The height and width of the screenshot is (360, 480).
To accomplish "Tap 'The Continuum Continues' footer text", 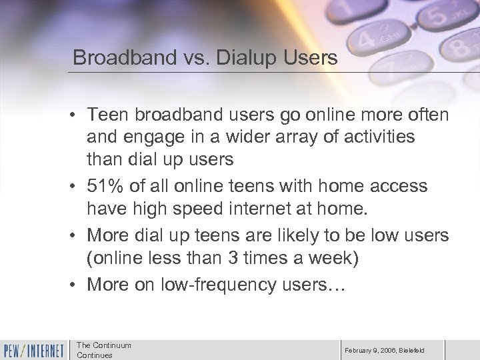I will [x=103, y=349].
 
